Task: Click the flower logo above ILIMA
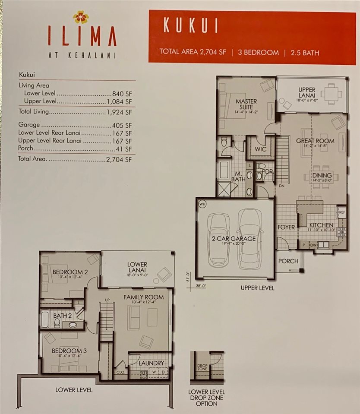pyautogui.click(x=81, y=17)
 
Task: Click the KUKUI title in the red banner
pyautogui.click(x=190, y=26)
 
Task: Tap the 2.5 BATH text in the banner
pyautogui.click(x=304, y=52)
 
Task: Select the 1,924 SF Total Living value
pyautogui.click(x=119, y=112)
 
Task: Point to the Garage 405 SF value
pyautogui.click(x=122, y=125)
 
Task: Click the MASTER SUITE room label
pyautogui.click(x=246, y=104)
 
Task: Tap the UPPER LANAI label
pyautogui.click(x=307, y=92)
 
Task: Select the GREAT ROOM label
pyautogui.click(x=315, y=141)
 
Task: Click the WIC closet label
pyautogui.click(x=260, y=149)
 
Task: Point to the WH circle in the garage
pyautogui.click(x=202, y=204)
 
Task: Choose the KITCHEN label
pyautogui.click(x=321, y=225)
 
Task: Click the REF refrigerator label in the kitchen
pyautogui.click(x=341, y=212)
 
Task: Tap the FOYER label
pyautogui.click(x=286, y=227)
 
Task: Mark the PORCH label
pyautogui.click(x=288, y=261)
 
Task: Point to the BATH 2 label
pyautogui.click(x=62, y=316)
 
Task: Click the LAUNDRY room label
pyautogui.click(x=151, y=363)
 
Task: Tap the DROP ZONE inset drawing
pyautogui.click(x=207, y=367)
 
